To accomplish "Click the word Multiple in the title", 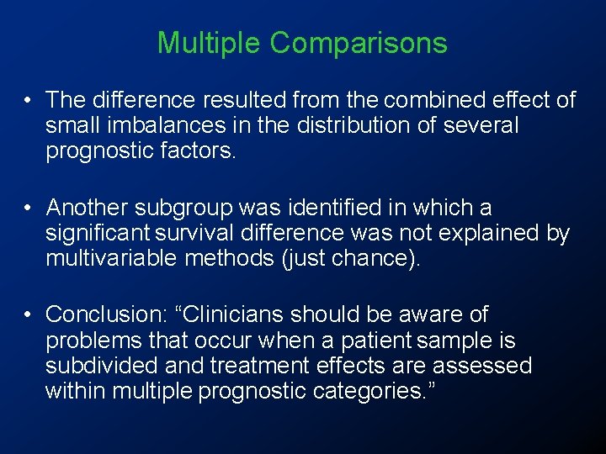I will (210, 43).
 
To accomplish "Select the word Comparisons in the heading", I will (359, 43).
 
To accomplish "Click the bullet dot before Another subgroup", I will (29, 207).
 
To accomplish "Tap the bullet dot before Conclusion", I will (29, 314).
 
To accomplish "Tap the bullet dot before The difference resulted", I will (29, 100).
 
